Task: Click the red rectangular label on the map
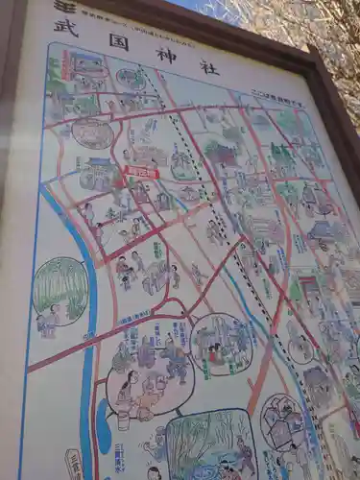tap(142, 174)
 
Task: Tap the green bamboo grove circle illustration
tap(60, 289)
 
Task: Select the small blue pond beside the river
tap(104, 426)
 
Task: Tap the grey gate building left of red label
tap(100, 175)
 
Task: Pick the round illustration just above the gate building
tap(93, 132)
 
